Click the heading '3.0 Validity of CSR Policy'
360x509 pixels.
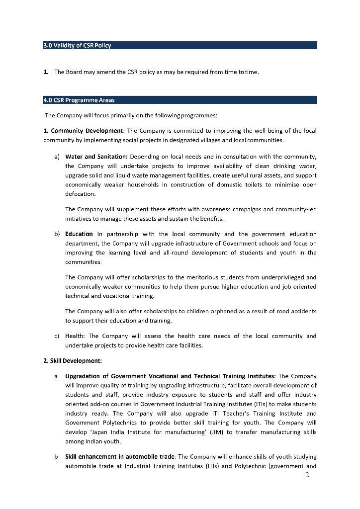click(77, 45)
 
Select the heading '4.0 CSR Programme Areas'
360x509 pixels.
click(79, 100)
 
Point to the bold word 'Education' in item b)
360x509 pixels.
click(79, 234)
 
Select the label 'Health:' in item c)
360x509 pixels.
click(75, 336)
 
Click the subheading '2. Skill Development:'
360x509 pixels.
click(73, 360)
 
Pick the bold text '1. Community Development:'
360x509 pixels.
click(84, 131)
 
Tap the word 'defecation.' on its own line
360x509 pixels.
click(80, 194)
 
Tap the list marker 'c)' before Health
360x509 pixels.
click(57, 336)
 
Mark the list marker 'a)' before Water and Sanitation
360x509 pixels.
click(57, 157)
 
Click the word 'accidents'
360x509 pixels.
click(301, 311)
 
